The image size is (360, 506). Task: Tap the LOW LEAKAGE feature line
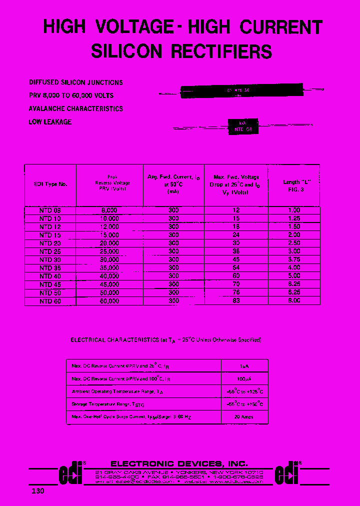[x=50, y=122]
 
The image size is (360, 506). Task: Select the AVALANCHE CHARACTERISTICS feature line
[x=75, y=108]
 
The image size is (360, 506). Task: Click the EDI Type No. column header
[x=50, y=184]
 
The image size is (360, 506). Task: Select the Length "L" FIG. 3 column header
[x=294, y=185]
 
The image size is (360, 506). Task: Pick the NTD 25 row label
[x=50, y=251]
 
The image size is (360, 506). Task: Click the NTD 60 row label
[x=50, y=301]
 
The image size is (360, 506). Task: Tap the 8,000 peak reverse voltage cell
[x=109, y=211]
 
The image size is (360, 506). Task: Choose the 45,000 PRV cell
[x=109, y=284]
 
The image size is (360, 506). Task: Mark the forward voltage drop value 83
[x=236, y=301]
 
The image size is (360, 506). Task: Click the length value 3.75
[x=294, y=259]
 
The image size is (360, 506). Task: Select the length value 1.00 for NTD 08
[x=294, y=211]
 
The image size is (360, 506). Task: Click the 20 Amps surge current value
[x=244, y=417]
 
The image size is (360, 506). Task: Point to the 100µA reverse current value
[x=244, y=378]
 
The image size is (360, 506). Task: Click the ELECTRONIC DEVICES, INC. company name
[x=178, y=463]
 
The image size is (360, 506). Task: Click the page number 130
[x=38, y=491]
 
